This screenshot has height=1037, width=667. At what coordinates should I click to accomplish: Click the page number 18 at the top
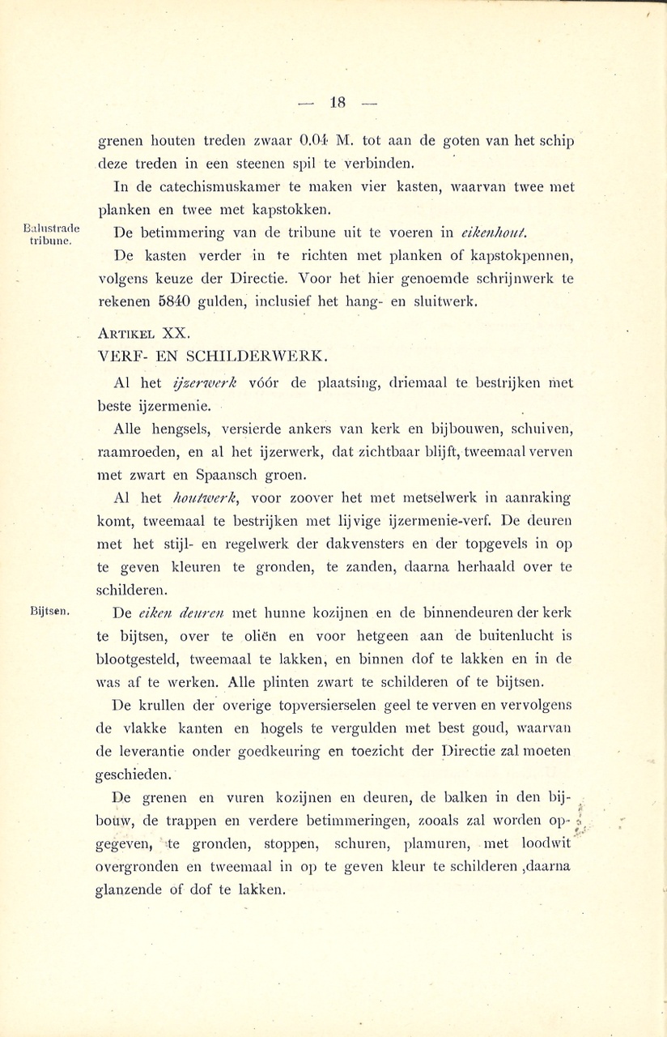point(338,103)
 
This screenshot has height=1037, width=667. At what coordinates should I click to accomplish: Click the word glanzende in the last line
point(134,890)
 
